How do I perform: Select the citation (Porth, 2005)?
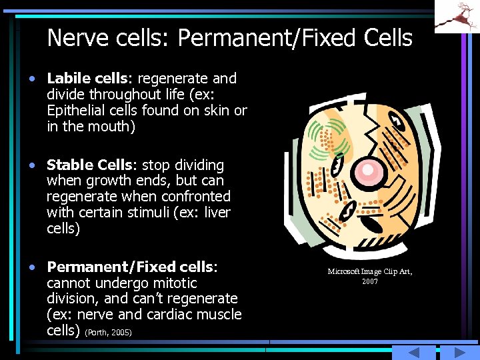[108, 332]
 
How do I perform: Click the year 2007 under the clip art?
[370, 281]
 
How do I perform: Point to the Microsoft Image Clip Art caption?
[370, 271]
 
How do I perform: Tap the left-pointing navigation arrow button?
[413, 353]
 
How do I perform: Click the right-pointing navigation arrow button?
[455, 353]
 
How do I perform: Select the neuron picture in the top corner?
[457, 16]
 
